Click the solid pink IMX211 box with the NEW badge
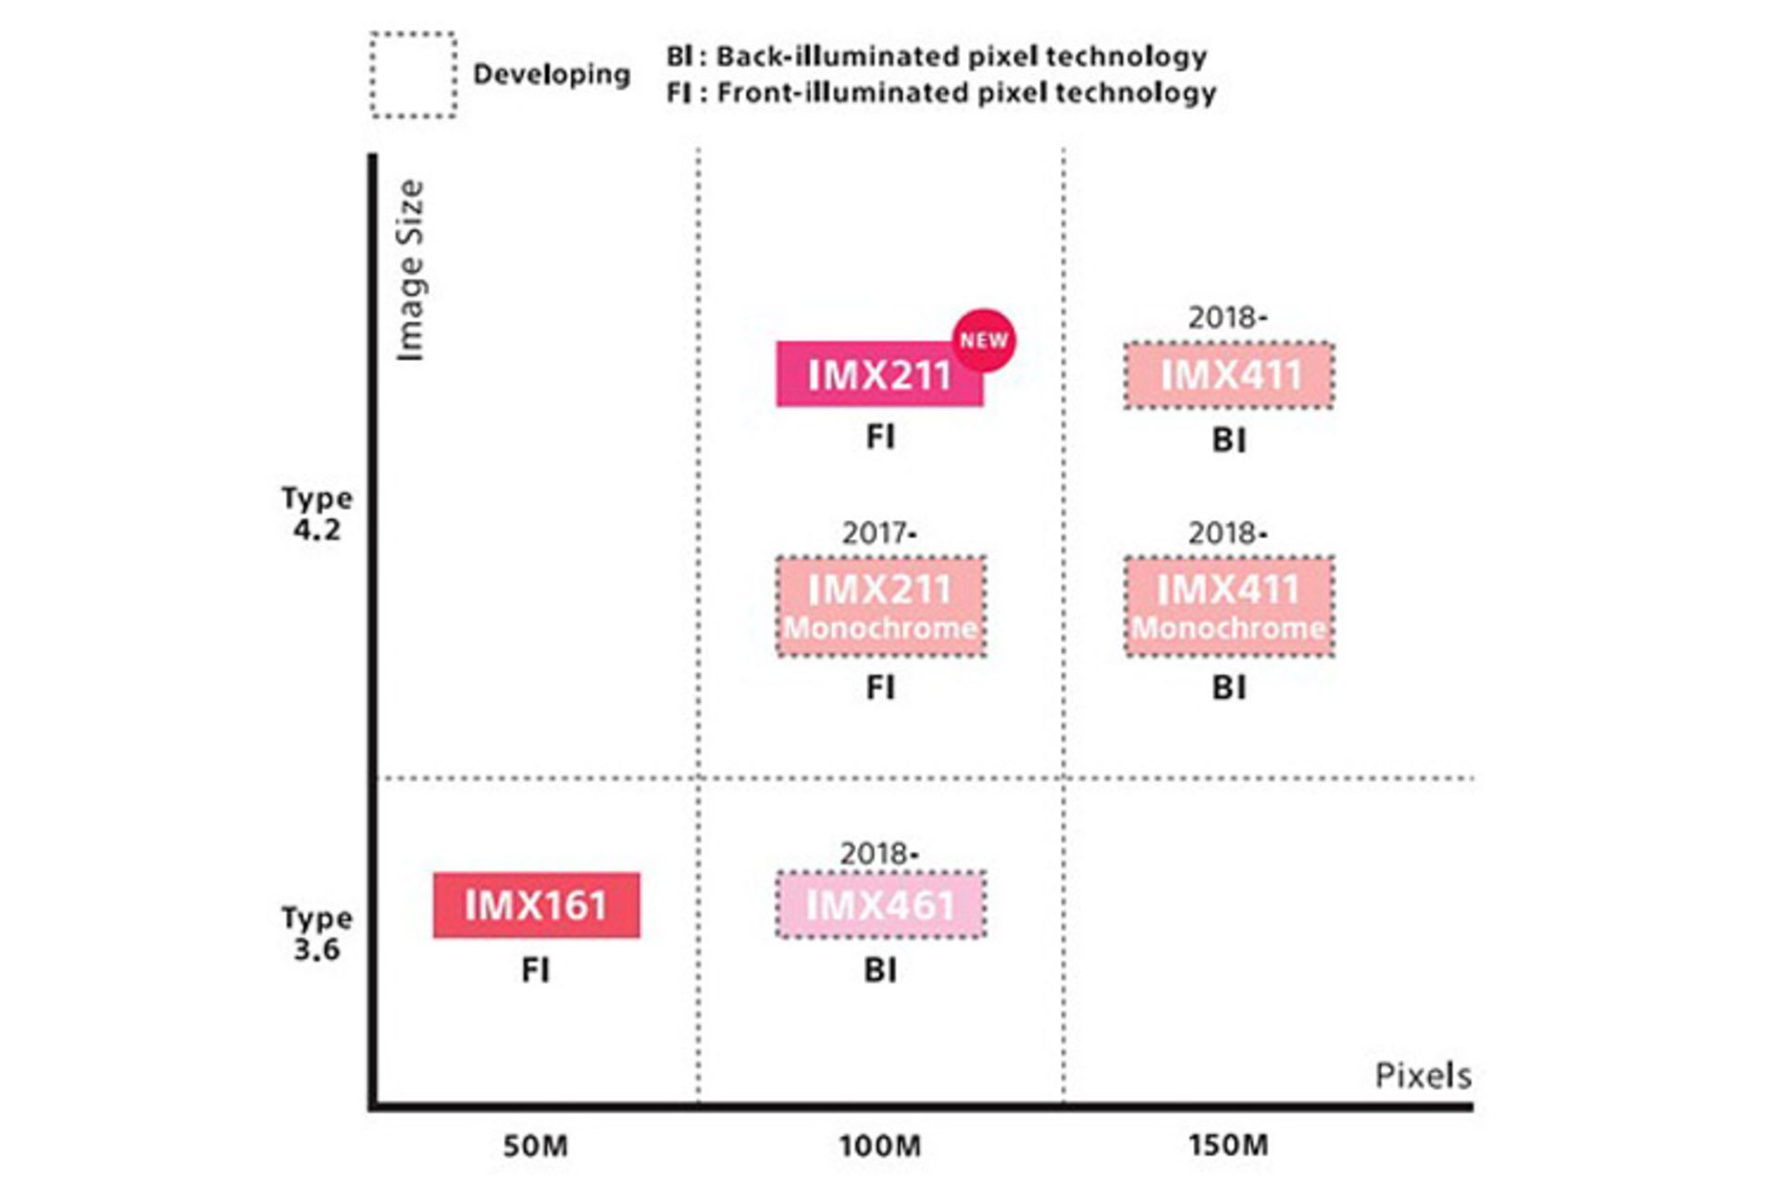click(878, 375)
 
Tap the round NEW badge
click(983, 340)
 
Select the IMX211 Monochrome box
click(880, 607)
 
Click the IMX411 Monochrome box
click(1229, 607)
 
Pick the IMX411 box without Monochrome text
click(1229, 375)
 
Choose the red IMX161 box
click(536, 905)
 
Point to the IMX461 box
click(880, 905)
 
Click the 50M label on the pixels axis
click(535, 1146)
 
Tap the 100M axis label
click(880, 1146)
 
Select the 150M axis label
click(1228, 1145)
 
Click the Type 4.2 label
click(317, 514)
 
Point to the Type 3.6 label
click(317, 933)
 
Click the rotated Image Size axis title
click(409, 270)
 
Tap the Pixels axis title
click(1423, 1076)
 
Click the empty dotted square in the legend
click(413, 75)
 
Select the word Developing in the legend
click(552, 74)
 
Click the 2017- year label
click(879, 534)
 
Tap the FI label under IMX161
click(536, 970)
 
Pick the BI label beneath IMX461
click(880, 970)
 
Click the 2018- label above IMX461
click(879, 854)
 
